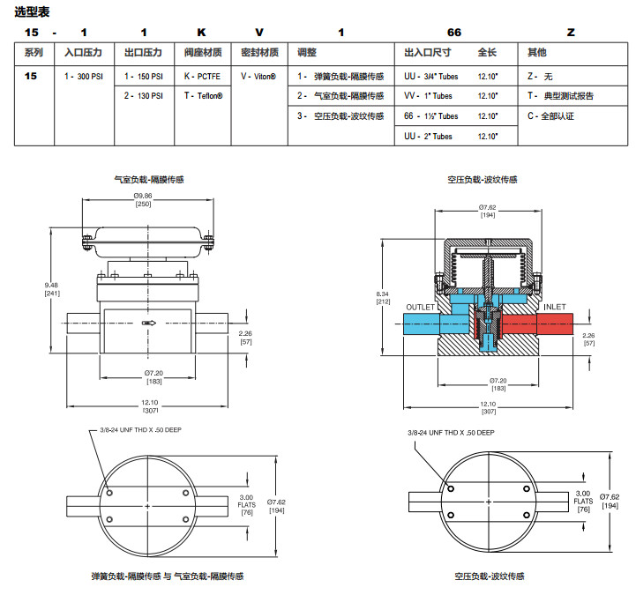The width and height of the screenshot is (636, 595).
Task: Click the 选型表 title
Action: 33,11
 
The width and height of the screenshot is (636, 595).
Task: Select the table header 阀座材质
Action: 202,54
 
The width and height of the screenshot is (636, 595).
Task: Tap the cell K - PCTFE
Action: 202,77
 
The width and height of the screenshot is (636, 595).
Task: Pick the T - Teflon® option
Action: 204,96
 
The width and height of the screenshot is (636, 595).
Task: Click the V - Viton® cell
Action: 258,77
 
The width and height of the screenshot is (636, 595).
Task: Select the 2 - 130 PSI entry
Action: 143,96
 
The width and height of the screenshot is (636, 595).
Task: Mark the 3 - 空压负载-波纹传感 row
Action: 340,115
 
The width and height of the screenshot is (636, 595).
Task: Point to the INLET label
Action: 554,307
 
